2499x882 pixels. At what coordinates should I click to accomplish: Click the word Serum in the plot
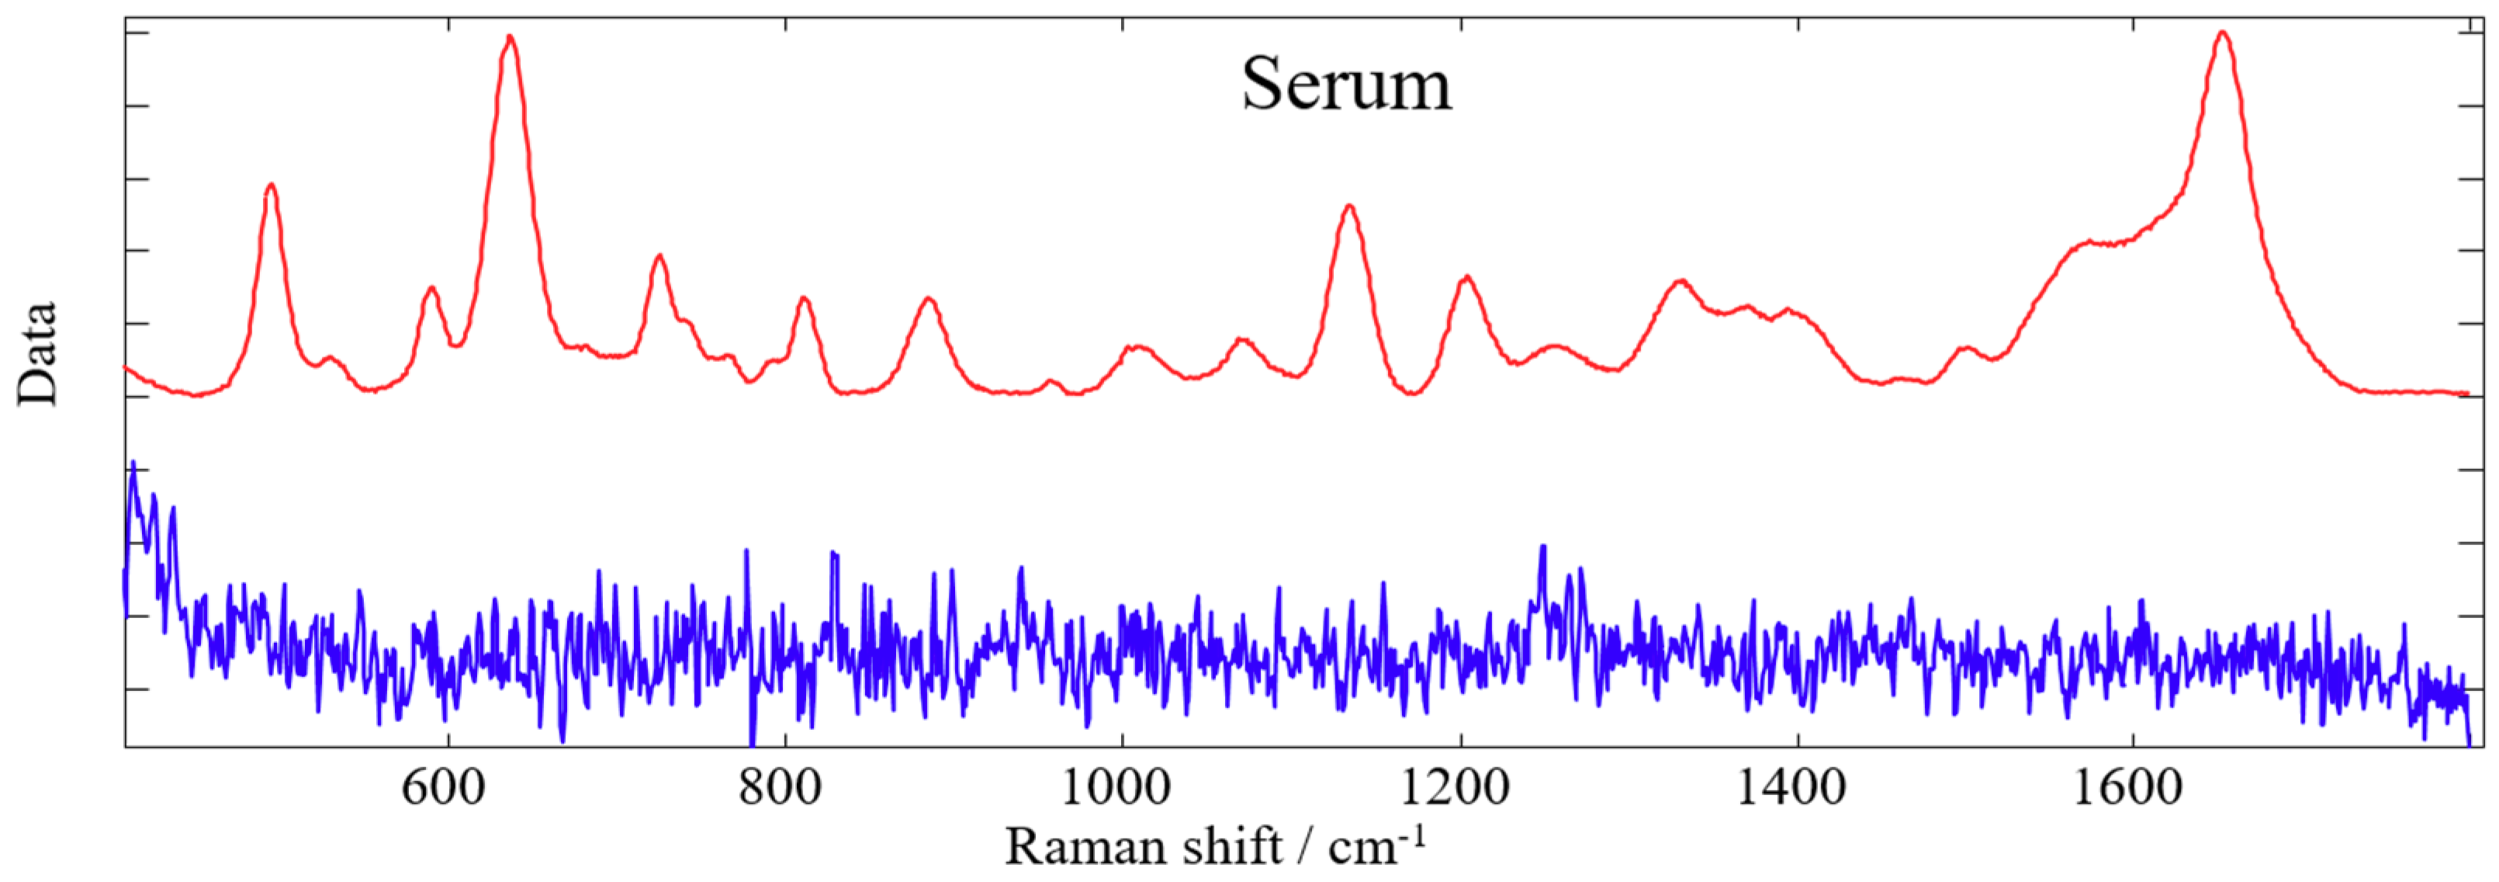tap(1347, 85)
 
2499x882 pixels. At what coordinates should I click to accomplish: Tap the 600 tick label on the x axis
tap(443, 788)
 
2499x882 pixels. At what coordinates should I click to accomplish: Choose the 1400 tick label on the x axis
tap(1791, 788)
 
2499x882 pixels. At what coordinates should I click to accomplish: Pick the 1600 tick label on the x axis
tap(2127, 788)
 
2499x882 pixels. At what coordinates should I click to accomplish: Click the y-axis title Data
tap(38, 353)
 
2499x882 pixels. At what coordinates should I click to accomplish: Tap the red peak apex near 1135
tap(1348, 206)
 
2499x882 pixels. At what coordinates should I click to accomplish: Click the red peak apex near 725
tap(659, 256)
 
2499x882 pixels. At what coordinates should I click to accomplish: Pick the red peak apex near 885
tap(929, 298)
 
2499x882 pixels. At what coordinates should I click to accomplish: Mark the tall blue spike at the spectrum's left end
tap(133, 464)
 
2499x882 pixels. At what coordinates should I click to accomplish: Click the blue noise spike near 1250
tap(1542, 549)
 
